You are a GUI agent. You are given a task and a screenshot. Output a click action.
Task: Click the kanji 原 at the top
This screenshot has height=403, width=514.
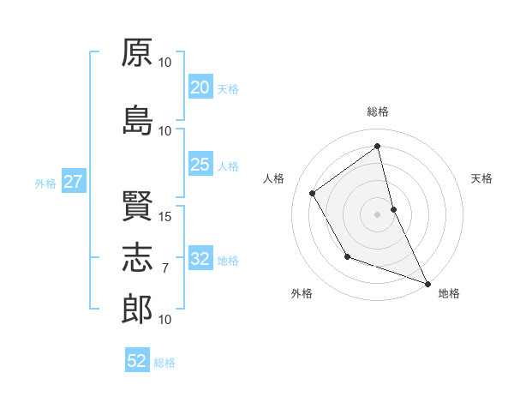point(138,53)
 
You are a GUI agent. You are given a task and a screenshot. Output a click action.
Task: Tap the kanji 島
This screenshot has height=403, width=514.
point(138,121)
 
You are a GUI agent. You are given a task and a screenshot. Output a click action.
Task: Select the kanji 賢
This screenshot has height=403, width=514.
point(138,207)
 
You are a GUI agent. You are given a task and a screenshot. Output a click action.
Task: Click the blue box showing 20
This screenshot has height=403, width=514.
point(200,87)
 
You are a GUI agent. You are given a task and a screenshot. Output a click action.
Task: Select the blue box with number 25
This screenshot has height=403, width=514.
point(200,165)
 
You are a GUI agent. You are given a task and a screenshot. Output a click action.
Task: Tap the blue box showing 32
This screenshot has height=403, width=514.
point(200,259)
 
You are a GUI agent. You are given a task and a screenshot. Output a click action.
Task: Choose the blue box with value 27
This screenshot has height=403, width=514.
point(73,182)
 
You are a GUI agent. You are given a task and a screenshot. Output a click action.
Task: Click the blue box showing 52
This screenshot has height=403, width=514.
point(137,361)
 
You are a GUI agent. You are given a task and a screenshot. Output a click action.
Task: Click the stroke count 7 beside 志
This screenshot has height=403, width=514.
point(165,268)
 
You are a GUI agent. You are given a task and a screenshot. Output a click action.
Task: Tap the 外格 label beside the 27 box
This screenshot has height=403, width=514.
point(45,183)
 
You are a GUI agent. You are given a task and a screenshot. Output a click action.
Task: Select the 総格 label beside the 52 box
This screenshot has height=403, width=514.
point(164,363)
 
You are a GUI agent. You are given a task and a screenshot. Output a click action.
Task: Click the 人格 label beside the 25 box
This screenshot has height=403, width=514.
point(228,165)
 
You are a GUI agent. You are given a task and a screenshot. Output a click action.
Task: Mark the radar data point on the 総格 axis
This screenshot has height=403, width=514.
point(378,147)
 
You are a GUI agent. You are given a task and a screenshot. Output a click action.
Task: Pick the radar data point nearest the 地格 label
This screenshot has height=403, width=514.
point(428,284)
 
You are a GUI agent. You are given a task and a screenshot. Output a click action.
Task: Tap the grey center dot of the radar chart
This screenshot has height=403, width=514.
point(378,214)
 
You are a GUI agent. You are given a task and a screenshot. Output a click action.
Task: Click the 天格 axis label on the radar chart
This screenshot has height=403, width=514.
point(481,178)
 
